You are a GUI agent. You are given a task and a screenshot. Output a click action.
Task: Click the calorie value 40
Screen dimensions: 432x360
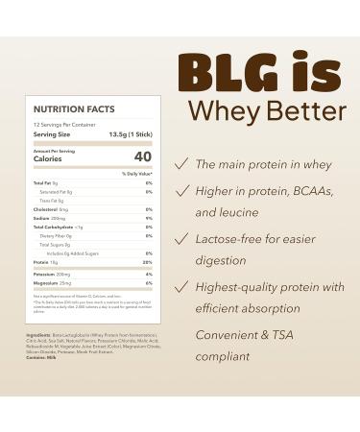point(143,156)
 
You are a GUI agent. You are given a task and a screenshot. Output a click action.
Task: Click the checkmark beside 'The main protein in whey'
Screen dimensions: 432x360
point(180,164)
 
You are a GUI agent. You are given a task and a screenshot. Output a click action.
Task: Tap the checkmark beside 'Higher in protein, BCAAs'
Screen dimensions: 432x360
point(180,190)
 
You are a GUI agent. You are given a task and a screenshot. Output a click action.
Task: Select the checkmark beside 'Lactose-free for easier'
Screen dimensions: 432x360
point(180,237)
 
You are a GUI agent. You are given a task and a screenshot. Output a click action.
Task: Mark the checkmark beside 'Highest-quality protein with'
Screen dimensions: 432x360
point(180,286)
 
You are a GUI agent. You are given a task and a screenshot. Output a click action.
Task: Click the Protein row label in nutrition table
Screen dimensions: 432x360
point(41,260)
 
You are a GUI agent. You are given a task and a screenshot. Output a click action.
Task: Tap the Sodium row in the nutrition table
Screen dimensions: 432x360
point(43,217)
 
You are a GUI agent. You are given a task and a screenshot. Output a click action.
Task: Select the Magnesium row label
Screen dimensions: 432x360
point(49,283)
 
